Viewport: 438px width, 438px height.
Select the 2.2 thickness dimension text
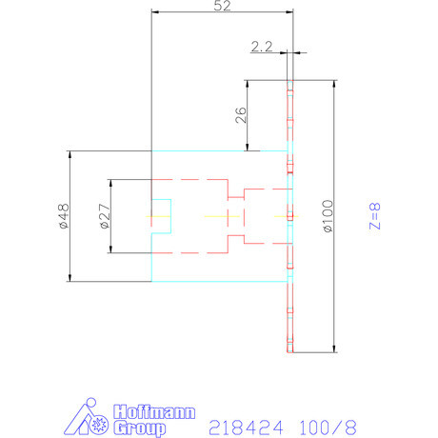tap(263, 46)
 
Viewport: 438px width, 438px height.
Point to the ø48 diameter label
tap(61, 217)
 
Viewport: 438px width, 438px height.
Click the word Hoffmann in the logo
tap(154, 413)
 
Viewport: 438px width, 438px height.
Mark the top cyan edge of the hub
tap(219, 151)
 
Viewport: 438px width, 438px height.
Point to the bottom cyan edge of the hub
tap(219, 282)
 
